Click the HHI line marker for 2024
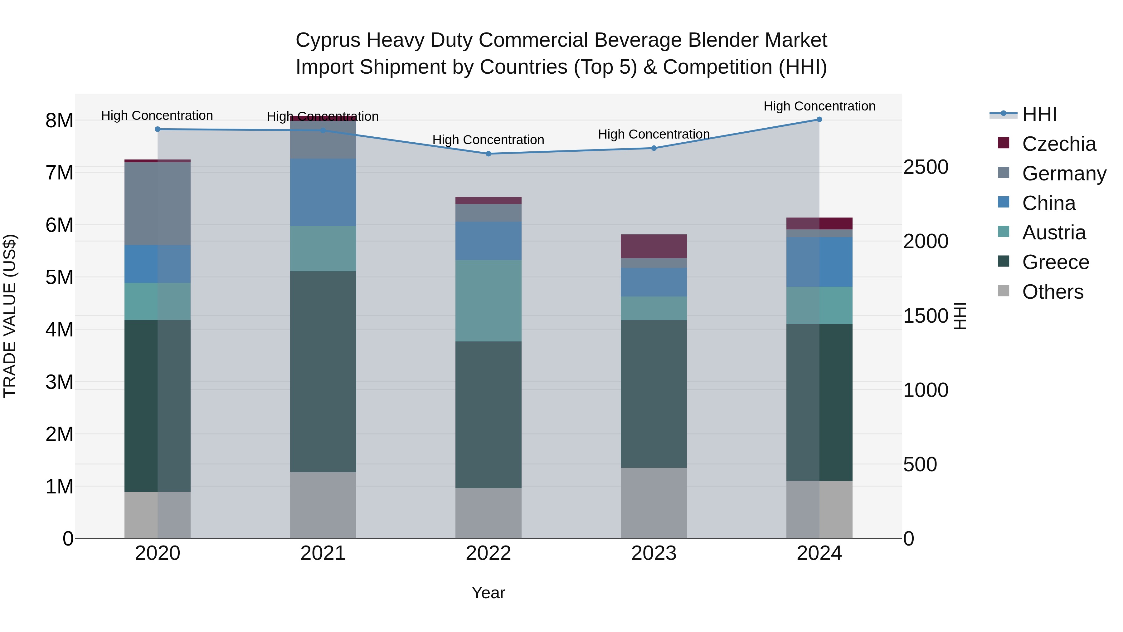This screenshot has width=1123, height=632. [819, 120]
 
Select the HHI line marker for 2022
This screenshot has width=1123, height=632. [488, 154]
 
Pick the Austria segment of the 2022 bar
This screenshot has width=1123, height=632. [488, 301]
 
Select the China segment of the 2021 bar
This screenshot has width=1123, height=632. [323, 192]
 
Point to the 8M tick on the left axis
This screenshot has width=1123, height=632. [59, 120]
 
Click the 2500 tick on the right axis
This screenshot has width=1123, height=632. [926, 167]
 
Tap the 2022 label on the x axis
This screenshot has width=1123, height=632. [488, 553]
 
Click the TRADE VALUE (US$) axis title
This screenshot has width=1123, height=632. [10, 316]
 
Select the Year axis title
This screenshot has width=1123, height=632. [488, 593]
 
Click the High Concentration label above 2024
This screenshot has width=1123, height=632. [819, 106]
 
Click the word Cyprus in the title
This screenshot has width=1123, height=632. [328, 40]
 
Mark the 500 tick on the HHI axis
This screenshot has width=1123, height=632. [920, 464]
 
